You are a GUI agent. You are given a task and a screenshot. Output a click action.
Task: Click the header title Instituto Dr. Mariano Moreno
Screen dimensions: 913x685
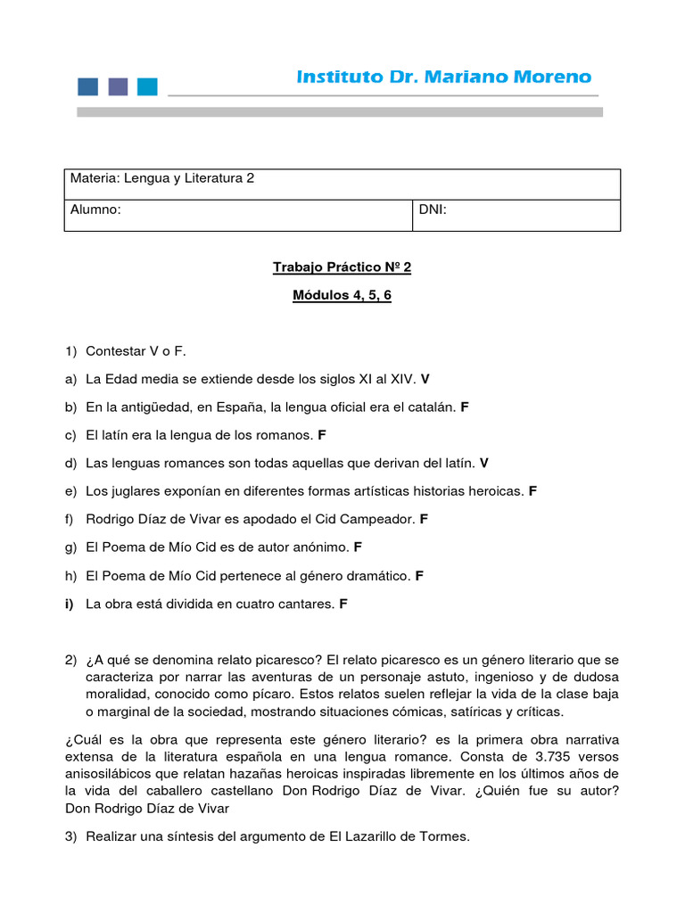(x=443, y=78)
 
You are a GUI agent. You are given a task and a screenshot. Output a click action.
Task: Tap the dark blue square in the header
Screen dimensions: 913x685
(x=88, y=86)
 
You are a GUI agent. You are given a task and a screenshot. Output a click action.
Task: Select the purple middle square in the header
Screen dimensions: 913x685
(x=118, y=86)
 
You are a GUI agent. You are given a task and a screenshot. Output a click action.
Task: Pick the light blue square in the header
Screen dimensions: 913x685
(x=147, y=86)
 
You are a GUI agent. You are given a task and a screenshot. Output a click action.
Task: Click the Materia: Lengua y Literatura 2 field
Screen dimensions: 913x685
(x=162, y=178)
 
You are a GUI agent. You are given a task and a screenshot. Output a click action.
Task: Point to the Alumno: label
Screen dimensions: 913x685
(x=95, y=210)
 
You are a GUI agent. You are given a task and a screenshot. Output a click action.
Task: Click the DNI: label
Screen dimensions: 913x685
(x=433, y=210)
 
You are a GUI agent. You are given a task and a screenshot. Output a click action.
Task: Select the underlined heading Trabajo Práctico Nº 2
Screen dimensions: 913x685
(x=342, y=267)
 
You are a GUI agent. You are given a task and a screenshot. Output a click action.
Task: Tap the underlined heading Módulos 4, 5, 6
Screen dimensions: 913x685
(x=342, y=295)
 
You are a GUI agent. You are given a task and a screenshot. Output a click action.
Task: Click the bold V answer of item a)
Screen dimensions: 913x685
(x=425, y=379)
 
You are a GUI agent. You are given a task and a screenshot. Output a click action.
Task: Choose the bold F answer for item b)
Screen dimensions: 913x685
(x=465, y=407)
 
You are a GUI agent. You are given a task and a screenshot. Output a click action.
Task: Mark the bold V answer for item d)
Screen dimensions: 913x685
(x=484, y=463)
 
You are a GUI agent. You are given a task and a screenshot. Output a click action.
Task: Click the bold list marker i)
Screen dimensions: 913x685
(x=70, y=604)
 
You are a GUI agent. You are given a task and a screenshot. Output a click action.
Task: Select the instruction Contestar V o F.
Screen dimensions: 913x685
(x=136, y=351)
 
